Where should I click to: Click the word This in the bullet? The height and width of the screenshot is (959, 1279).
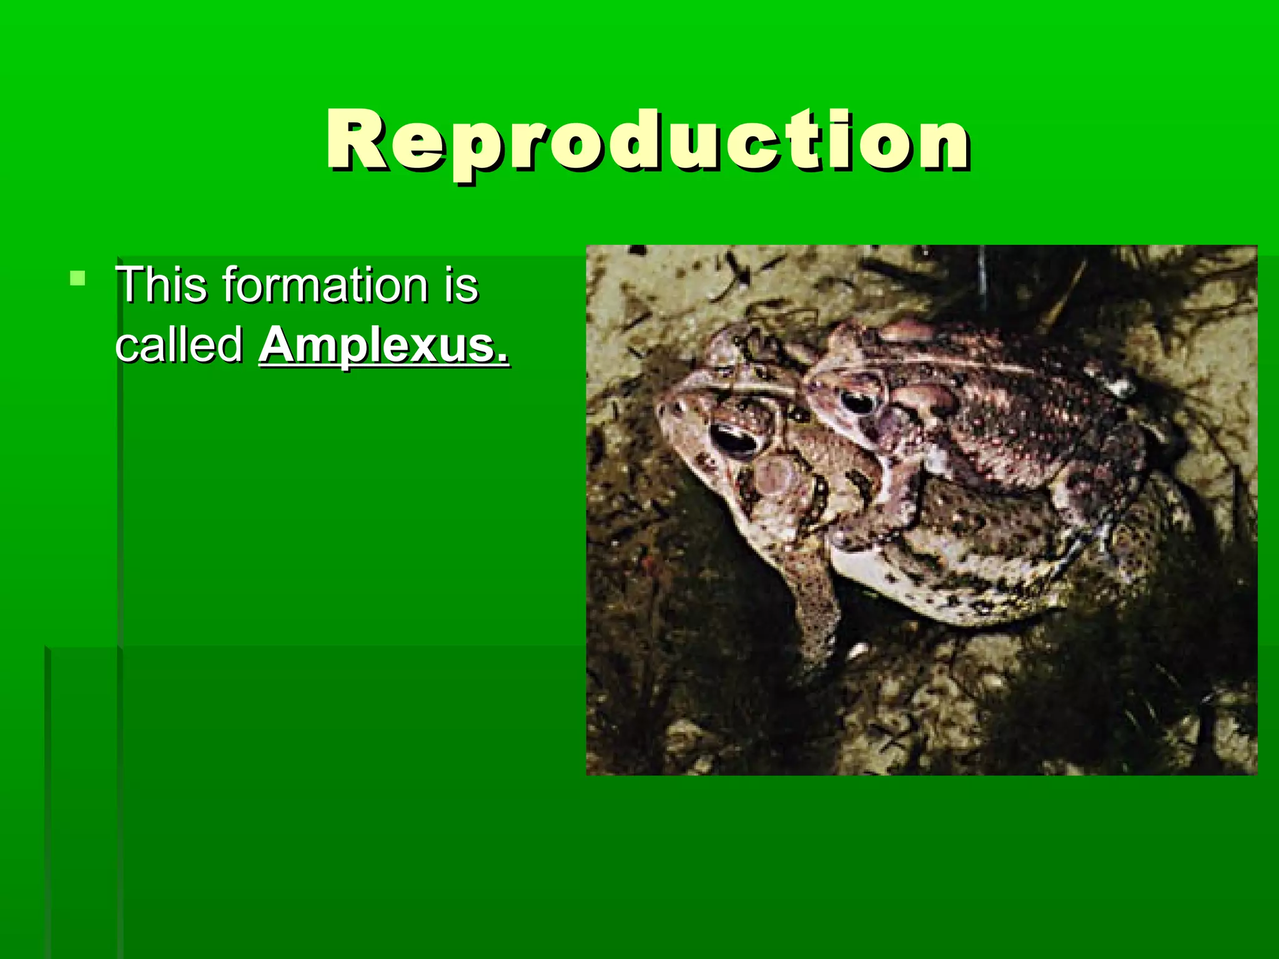[x=161, y=285]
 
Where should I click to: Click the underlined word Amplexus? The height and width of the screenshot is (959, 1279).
[x=384, y=346]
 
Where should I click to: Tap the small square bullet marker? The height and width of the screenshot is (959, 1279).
[x=77, y=278]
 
